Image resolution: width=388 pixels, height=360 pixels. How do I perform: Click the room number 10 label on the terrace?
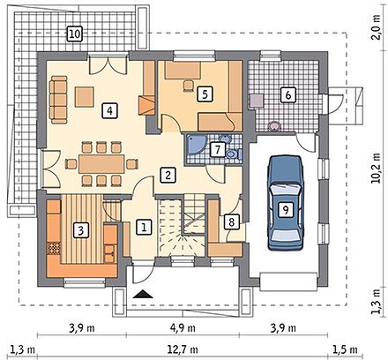point(74,34)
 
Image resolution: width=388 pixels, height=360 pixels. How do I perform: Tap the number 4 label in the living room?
point(109,111)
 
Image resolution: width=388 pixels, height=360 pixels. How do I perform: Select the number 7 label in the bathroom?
point(218,150)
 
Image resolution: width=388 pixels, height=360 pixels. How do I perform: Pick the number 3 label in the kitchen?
point(80,230)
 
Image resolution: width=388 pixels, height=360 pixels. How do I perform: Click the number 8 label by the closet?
point(232,221)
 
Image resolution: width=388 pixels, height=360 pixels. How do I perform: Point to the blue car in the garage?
point(285,203)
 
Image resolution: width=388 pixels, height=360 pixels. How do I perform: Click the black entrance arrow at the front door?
point(143,294)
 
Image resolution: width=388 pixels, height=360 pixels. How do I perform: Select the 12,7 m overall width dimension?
point(183,349)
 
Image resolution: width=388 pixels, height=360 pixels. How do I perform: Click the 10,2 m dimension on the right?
point(376,169)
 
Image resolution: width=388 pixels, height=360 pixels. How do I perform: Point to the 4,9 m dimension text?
point(183,327)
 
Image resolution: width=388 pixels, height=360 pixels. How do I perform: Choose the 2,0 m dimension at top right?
point(376,27)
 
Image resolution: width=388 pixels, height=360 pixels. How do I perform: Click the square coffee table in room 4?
point(85,96)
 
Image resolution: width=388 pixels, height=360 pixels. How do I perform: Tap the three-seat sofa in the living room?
point(58,100)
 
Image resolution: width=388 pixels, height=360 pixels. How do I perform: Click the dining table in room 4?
point(101,164)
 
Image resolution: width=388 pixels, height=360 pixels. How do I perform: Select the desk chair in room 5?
point(188,85)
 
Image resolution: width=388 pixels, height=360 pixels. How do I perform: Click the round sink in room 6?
point(274,126)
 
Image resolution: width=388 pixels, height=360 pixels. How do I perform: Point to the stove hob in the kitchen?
point(54,248)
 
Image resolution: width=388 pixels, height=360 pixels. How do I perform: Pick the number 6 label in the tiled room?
point(287,94)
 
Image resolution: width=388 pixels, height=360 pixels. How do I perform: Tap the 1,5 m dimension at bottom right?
point(345,349)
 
